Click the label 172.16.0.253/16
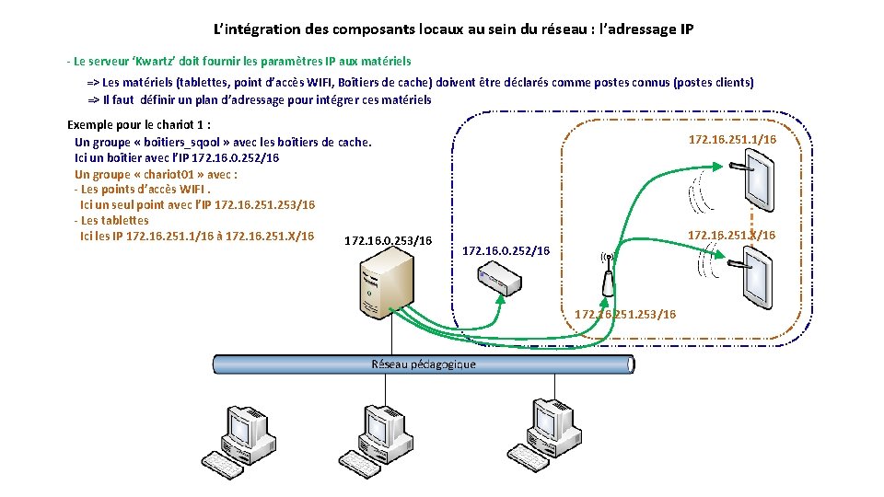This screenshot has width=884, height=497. click(388, 241)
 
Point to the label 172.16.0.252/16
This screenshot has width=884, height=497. click(506, 250)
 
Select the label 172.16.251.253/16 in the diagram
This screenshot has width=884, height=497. click(624, 314)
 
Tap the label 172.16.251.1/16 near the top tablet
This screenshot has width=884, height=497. click(732, 140)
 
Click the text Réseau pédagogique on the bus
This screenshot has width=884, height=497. click(424, 364)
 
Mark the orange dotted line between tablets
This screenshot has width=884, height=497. click(752, 225)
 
